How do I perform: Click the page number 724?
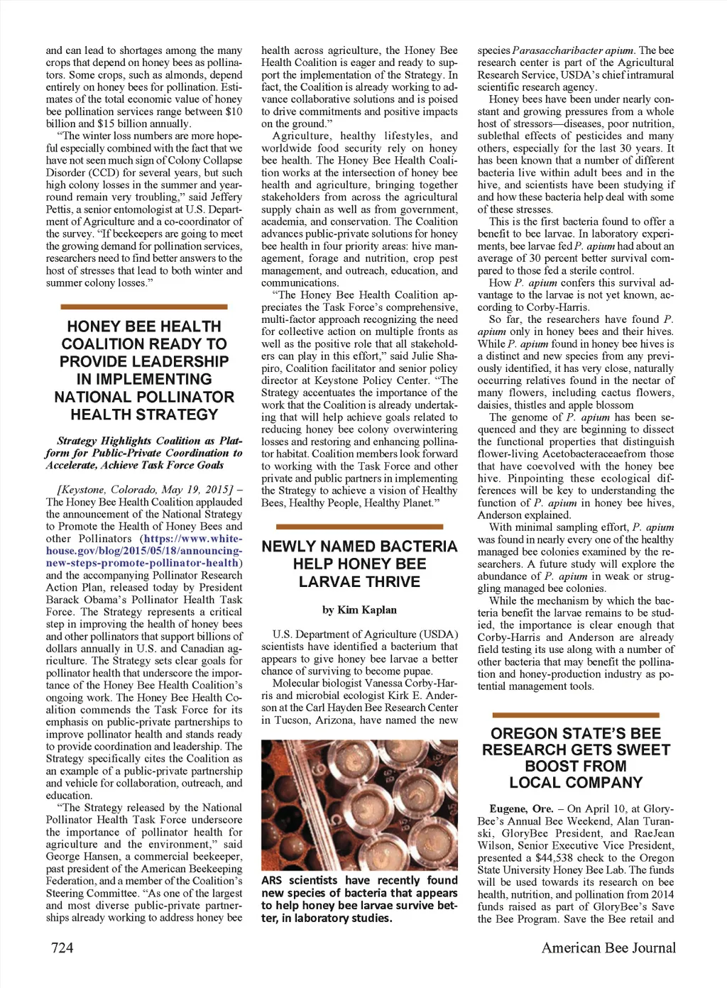click(x=62, y=948)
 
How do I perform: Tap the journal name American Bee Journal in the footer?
click(x=608, y=948)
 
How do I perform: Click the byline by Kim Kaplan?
click(x=359, y=610)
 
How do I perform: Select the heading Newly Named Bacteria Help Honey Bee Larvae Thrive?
click(x=359, y=564)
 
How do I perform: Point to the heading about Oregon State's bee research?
click(x=576, y=758)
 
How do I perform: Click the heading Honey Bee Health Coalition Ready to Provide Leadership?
click(x=144, y=370)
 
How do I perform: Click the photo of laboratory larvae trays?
click(x=359, y=805)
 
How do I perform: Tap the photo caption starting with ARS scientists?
click(x=359, y=899)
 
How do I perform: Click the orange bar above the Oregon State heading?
click(x=576, y=715)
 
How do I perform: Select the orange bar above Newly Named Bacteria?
click(x=359, y=527)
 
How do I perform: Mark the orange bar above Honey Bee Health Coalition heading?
click(x=144, y=307)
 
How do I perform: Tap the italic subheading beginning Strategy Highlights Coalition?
click(x=144, y=453)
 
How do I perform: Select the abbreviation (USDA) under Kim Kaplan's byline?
click(x=440, y=635)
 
